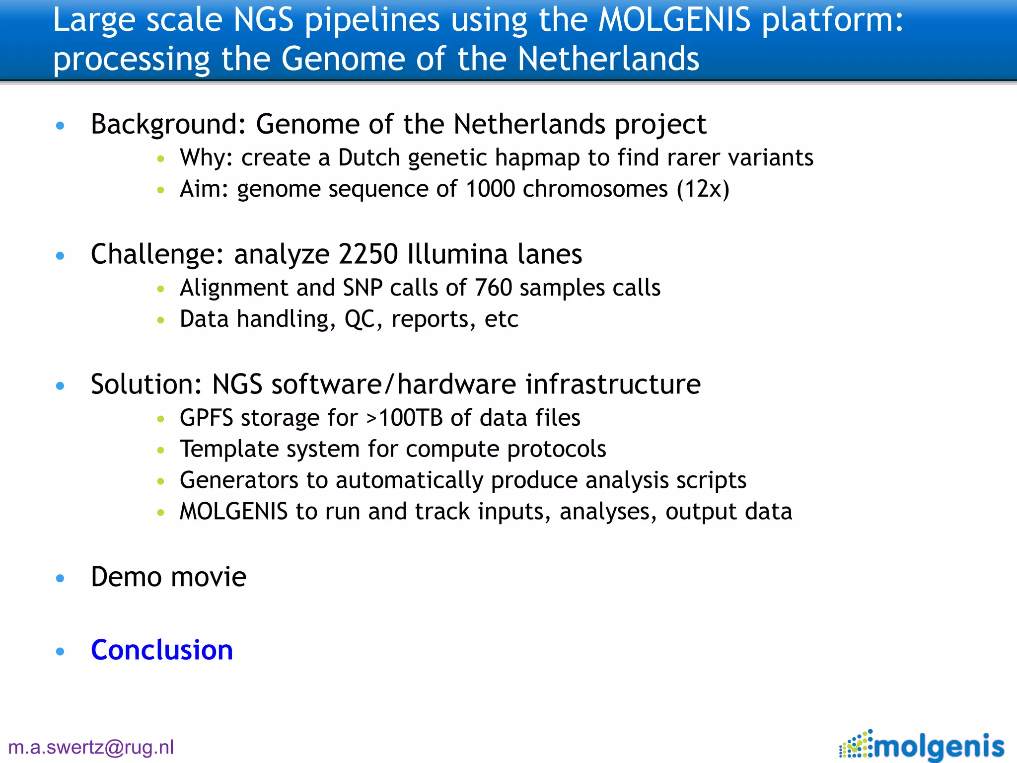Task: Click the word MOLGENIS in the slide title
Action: tap(674, 20)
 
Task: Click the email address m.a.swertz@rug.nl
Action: tap(91, 747)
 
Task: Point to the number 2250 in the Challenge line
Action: tap(368, 254)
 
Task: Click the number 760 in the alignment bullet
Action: tap(493, 288)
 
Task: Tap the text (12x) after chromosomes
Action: tap(703, 189)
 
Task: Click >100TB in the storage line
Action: tap(404, 418)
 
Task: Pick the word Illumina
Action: tap(457, 254)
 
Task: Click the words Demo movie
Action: tap(168, 577)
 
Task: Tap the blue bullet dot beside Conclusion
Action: tap(61, 651)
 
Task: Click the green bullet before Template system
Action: tap(160, 451)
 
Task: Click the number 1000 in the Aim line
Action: tap(490, 189)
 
